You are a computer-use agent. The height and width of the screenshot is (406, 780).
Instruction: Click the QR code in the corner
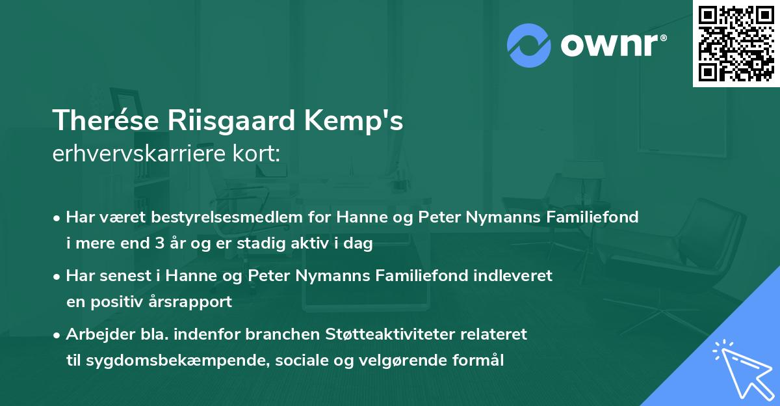pos(735,43)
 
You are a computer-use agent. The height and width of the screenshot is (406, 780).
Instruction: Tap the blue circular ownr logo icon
pos(529,44)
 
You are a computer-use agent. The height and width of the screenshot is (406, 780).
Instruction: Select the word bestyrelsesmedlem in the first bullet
pos(207,217)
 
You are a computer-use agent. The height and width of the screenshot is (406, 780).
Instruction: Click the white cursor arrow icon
pos(742,368)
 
